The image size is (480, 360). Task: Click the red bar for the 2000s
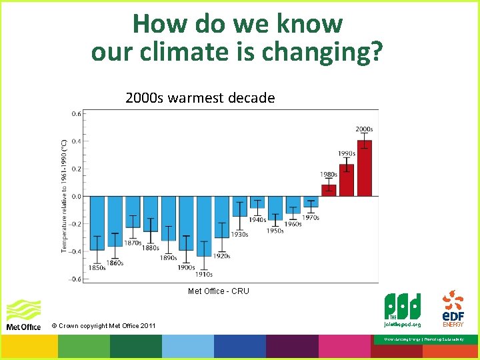click(364, 169)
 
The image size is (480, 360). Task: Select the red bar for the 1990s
click(347, 180)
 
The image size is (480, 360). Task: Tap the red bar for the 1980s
click(329, 190)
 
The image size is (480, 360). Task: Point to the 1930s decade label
click(239, 234)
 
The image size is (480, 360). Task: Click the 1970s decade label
click(310, 217)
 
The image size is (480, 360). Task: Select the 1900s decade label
click(186, 267)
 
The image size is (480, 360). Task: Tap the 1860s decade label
click(115, 263)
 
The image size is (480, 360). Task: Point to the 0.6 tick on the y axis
click(77, 113)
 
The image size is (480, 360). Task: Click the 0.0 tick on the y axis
click(77, 196)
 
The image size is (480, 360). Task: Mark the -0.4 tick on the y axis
click(75, 251)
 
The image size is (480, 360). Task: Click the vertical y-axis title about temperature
click(65, 195)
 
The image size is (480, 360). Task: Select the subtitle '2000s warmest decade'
click(200, 98)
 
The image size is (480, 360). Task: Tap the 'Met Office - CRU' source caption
click(218, 291)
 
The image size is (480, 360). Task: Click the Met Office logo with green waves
click(23, 314)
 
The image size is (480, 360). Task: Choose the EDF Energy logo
click(453, 309)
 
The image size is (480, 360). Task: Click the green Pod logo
click(402, 309)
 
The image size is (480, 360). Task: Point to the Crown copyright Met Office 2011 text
click(103, 325)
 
